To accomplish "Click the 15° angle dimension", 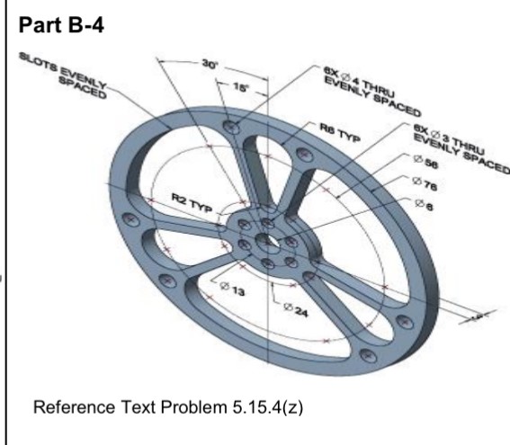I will (240, 86).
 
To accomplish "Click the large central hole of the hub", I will (267, 240).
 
